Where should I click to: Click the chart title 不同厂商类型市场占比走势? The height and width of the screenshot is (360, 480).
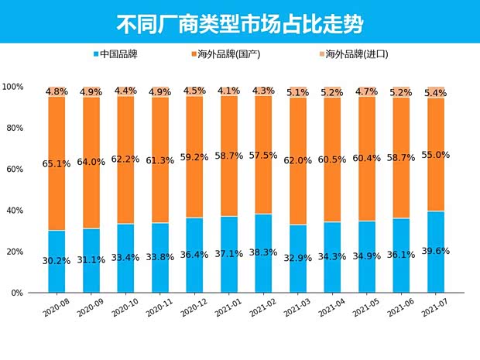tap(239, 22)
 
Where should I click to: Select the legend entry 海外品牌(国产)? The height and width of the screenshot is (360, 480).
tap(228, 54)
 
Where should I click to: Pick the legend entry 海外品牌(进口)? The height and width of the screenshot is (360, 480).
tap(356, 54)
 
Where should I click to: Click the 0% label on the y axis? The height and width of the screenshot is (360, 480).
tap(17, 293)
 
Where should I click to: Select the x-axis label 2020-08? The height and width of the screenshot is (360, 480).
tap(56, 309)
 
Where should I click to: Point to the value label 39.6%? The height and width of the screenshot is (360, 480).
tap(435, 250)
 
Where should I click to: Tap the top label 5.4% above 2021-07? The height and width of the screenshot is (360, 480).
tap(435, 92)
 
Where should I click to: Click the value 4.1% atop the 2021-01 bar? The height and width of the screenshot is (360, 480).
tap(229, 91)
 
